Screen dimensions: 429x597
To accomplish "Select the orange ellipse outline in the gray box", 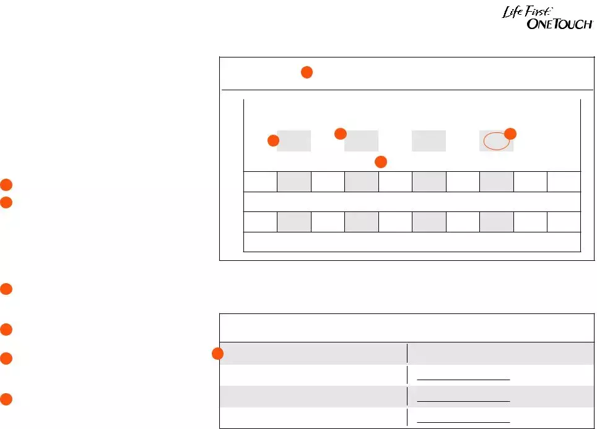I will (497, 141).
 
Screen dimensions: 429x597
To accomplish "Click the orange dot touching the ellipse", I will (510, 134).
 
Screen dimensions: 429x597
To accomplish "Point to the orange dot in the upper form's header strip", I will (307, 72).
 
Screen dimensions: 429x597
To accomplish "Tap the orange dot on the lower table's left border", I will (217, 354).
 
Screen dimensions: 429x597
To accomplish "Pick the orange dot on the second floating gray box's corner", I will (340, 134).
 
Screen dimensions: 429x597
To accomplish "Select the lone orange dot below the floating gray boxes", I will (381, 162).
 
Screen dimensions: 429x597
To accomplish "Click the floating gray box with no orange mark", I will (429, 141).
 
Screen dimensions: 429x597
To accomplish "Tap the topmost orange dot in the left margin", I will (6, 184).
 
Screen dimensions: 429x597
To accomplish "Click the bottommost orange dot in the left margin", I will (6, 399).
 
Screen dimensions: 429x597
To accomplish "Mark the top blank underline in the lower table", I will (463, 378).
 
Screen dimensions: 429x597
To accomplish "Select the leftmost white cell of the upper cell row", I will (260, 182).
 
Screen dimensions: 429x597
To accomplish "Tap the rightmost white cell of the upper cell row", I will (564, 182).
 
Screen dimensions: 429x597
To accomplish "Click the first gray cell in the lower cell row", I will (294, 221).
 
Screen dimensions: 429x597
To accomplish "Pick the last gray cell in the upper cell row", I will (496, 182).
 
